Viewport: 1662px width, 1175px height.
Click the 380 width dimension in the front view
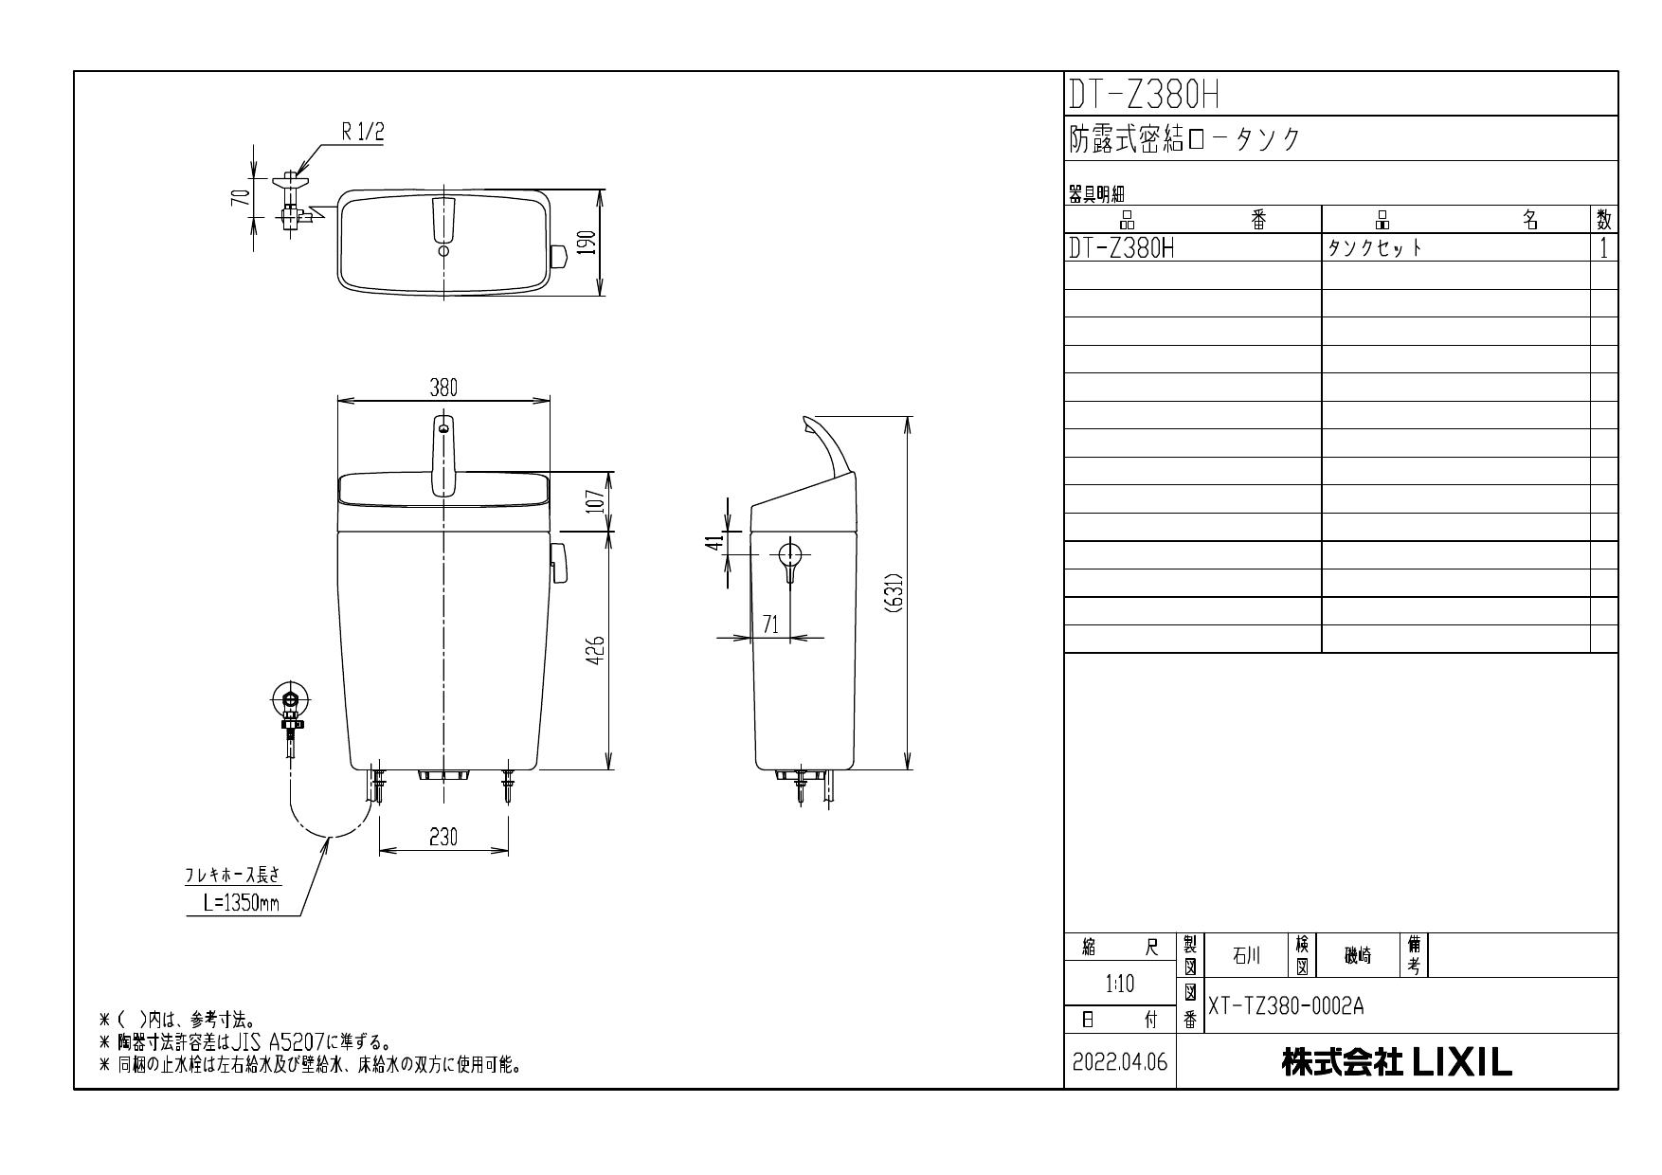pyautogui.click(x=443, y=388)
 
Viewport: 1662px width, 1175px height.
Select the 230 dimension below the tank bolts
pyautogui.click(x=443, y=837)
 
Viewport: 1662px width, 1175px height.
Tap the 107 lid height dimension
pyautogui.click(x=595, y=500)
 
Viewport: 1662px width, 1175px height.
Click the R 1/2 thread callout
pyautogui.click(x=363, y=133)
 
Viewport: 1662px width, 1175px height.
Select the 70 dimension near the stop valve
pyautogui.click(x=244, y=197)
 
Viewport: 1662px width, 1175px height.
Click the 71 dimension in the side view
pyautogui.click(x=770, y=624)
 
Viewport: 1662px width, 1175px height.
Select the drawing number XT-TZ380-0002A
pyautogui.click(x=1286, y=1006)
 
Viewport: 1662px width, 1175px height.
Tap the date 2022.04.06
pyautogui.click(x=1120, y=1063)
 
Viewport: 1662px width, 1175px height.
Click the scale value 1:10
pyautogui.click(x=1120, y=985)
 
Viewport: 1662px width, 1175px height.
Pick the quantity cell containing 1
pyautogui.click(x=1603, y=248)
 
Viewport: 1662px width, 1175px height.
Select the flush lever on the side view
pyautogui.click(x=790, y=559)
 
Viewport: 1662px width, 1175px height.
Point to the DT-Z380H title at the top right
pyautogui.click(x=1143, y=95)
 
